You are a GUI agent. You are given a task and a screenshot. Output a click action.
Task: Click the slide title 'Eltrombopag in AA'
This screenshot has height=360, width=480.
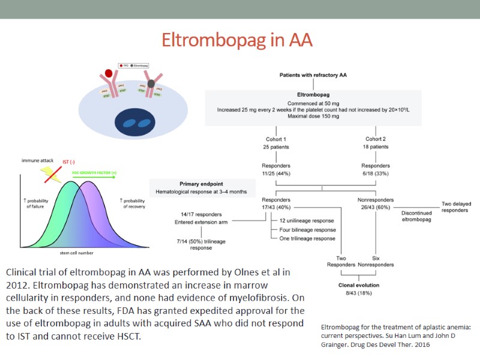click(x=238, y=40)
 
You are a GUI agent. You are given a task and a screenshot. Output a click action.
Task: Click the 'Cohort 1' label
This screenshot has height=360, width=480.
click(x=275, y=139)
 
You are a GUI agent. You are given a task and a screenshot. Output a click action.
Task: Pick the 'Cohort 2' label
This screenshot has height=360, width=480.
click(x=375, y=139)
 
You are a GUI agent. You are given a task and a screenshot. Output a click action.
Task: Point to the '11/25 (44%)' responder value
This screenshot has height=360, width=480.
click(x=275, y=173)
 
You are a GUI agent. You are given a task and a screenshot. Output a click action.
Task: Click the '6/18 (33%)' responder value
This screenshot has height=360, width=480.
click(x=375, y=173)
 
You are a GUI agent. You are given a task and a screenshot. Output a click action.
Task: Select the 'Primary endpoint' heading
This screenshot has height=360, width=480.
click(x=202, y=184)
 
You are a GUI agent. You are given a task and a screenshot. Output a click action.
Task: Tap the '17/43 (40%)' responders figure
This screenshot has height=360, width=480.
click(x=275, y=208)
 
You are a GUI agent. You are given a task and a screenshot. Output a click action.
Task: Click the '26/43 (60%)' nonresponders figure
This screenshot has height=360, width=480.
click(x=375, y=208)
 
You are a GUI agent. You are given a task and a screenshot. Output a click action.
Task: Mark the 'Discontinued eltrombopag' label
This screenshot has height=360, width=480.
click(x=417, y=216)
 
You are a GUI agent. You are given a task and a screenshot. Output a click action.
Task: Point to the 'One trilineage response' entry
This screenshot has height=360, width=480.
click(x=307, y=238)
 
